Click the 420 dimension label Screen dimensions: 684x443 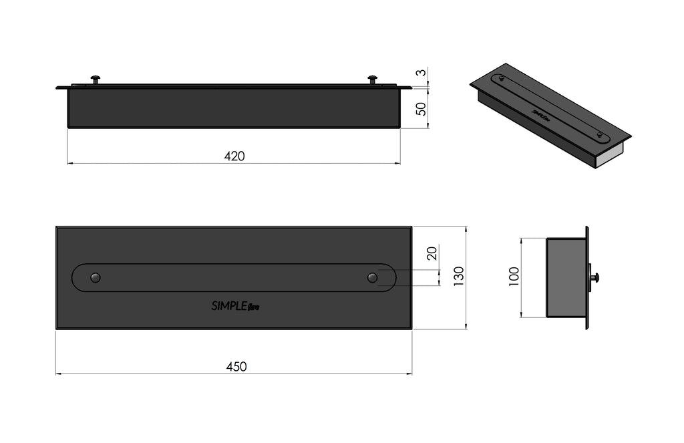coord(234,156)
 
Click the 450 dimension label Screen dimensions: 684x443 coord(236,367)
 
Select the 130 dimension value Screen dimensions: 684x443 coord(459,276)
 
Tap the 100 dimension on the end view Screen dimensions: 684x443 coord(514,276)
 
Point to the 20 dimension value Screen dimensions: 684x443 coord(432,253)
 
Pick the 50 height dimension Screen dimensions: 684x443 coord(421,109)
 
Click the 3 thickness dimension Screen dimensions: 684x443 coord(421,72)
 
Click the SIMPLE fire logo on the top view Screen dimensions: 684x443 coord(236,306)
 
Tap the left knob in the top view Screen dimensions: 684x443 coord(95,277)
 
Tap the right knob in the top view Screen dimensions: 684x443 coord(372,277)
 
